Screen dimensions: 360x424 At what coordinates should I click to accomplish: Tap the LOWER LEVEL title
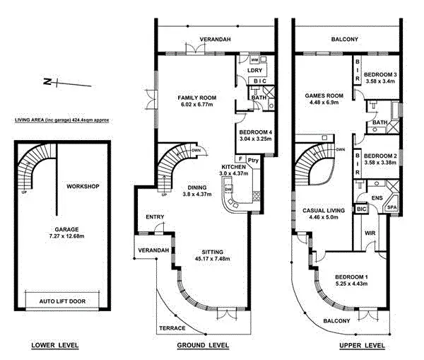click(x=54, y=345)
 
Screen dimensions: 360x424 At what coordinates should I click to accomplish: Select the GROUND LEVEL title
click(x=204, y=345)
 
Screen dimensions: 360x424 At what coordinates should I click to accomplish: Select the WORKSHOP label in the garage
click(x=82, y=187)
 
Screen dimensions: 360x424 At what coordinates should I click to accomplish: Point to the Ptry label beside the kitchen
click(x=253, y=161)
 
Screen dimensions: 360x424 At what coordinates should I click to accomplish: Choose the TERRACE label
click(x=172, y=329)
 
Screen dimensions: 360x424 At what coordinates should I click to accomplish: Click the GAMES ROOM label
click(x=324, y=95)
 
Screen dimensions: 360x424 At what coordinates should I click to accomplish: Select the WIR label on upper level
click(x=369, y=233)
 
